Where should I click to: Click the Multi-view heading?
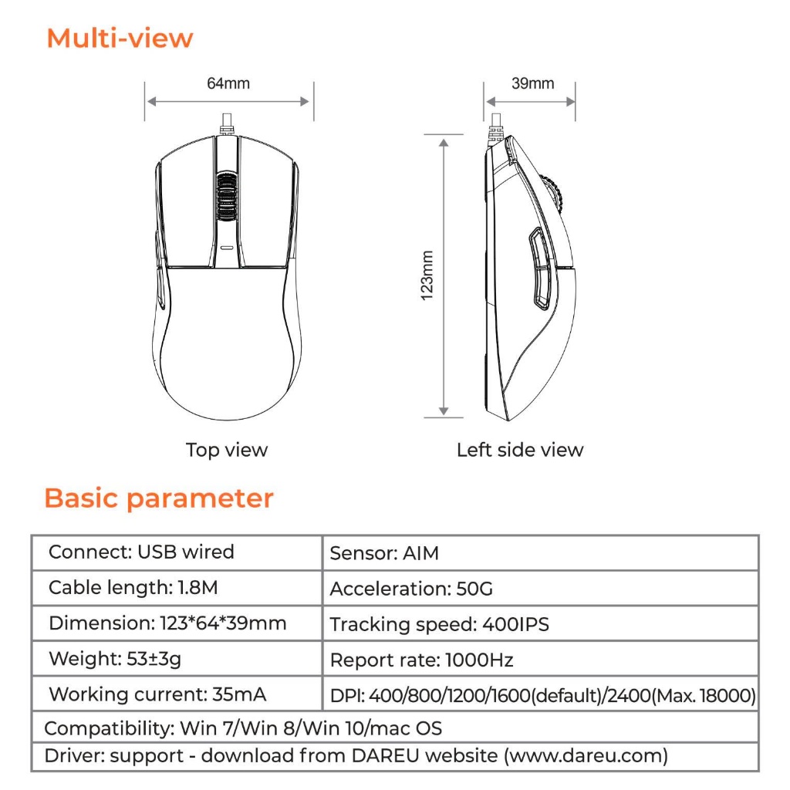coord(120,38)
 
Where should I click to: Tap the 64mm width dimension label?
coord(228,83)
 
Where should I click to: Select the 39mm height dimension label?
coord(532,83)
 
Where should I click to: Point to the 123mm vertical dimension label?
coord(427,275)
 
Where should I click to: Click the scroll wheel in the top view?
coord(226,196)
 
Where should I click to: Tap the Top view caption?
coord(227,450)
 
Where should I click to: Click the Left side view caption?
coord(520,450)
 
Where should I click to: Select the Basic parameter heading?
coord(159,498)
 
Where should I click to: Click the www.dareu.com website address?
coord(586,755)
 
